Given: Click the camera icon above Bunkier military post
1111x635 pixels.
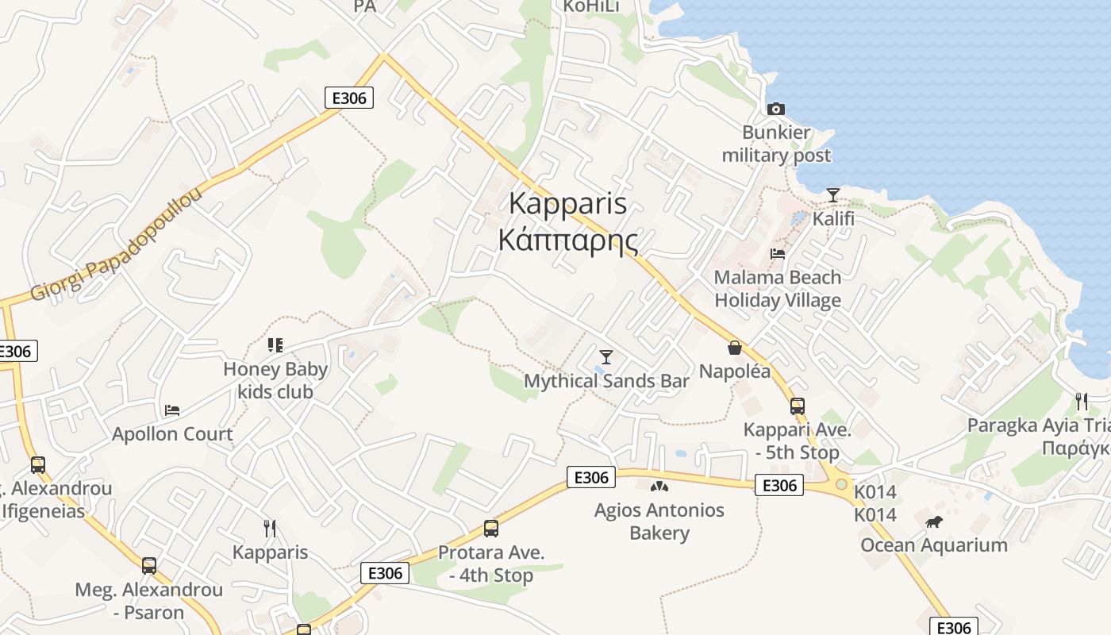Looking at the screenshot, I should pyautogui.click(x=776, y=109).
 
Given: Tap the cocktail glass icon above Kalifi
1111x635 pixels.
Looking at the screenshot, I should pyautogui.click(x=832, y=194).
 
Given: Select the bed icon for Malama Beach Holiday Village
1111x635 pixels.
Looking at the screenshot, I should pyautogui.click(x=778, y=254).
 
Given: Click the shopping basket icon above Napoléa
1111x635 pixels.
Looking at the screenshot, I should pyautogui.click(x=735, y=348).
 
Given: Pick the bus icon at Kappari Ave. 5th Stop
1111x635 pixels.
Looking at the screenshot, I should pyautogui.click(x=798, y=406).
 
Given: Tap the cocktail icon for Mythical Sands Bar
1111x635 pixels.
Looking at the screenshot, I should pyautogui.click(x=606, y=357).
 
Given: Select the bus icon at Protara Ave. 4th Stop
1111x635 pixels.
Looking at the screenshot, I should pyautogui.click(x=491, y=529).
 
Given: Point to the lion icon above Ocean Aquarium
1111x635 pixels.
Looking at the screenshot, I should pyautogui.click(x=934, y=521).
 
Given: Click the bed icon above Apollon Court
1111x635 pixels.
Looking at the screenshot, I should pyautogui.click(x=172, y=410).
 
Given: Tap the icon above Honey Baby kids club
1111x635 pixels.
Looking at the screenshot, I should pyautogui.click(x=275, y=345).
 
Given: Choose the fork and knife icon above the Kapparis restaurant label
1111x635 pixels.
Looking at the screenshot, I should pyautogui.click(x=270, y=528).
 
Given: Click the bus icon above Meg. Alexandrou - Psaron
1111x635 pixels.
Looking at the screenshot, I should pyautogui.click(x=149, y=566).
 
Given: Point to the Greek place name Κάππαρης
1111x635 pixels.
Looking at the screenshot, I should pyautogui.click(x=567, y=240).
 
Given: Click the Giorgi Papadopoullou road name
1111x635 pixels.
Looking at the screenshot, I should pyautogui.click(x=117, y=245).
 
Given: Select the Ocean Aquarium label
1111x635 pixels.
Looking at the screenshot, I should pyautogui.click(x=934, y=545).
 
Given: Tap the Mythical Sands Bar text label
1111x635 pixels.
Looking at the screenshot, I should pyautogui.click(x=606, y=381).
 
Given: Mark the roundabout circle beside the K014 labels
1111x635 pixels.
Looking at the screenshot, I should pyautogui.click(x=841, y=483).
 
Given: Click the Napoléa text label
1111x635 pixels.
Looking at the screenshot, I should pyautogui.click(x=735, y=371).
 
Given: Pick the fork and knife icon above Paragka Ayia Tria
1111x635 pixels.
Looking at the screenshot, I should pyautogui.click(x=1081, y=400).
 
